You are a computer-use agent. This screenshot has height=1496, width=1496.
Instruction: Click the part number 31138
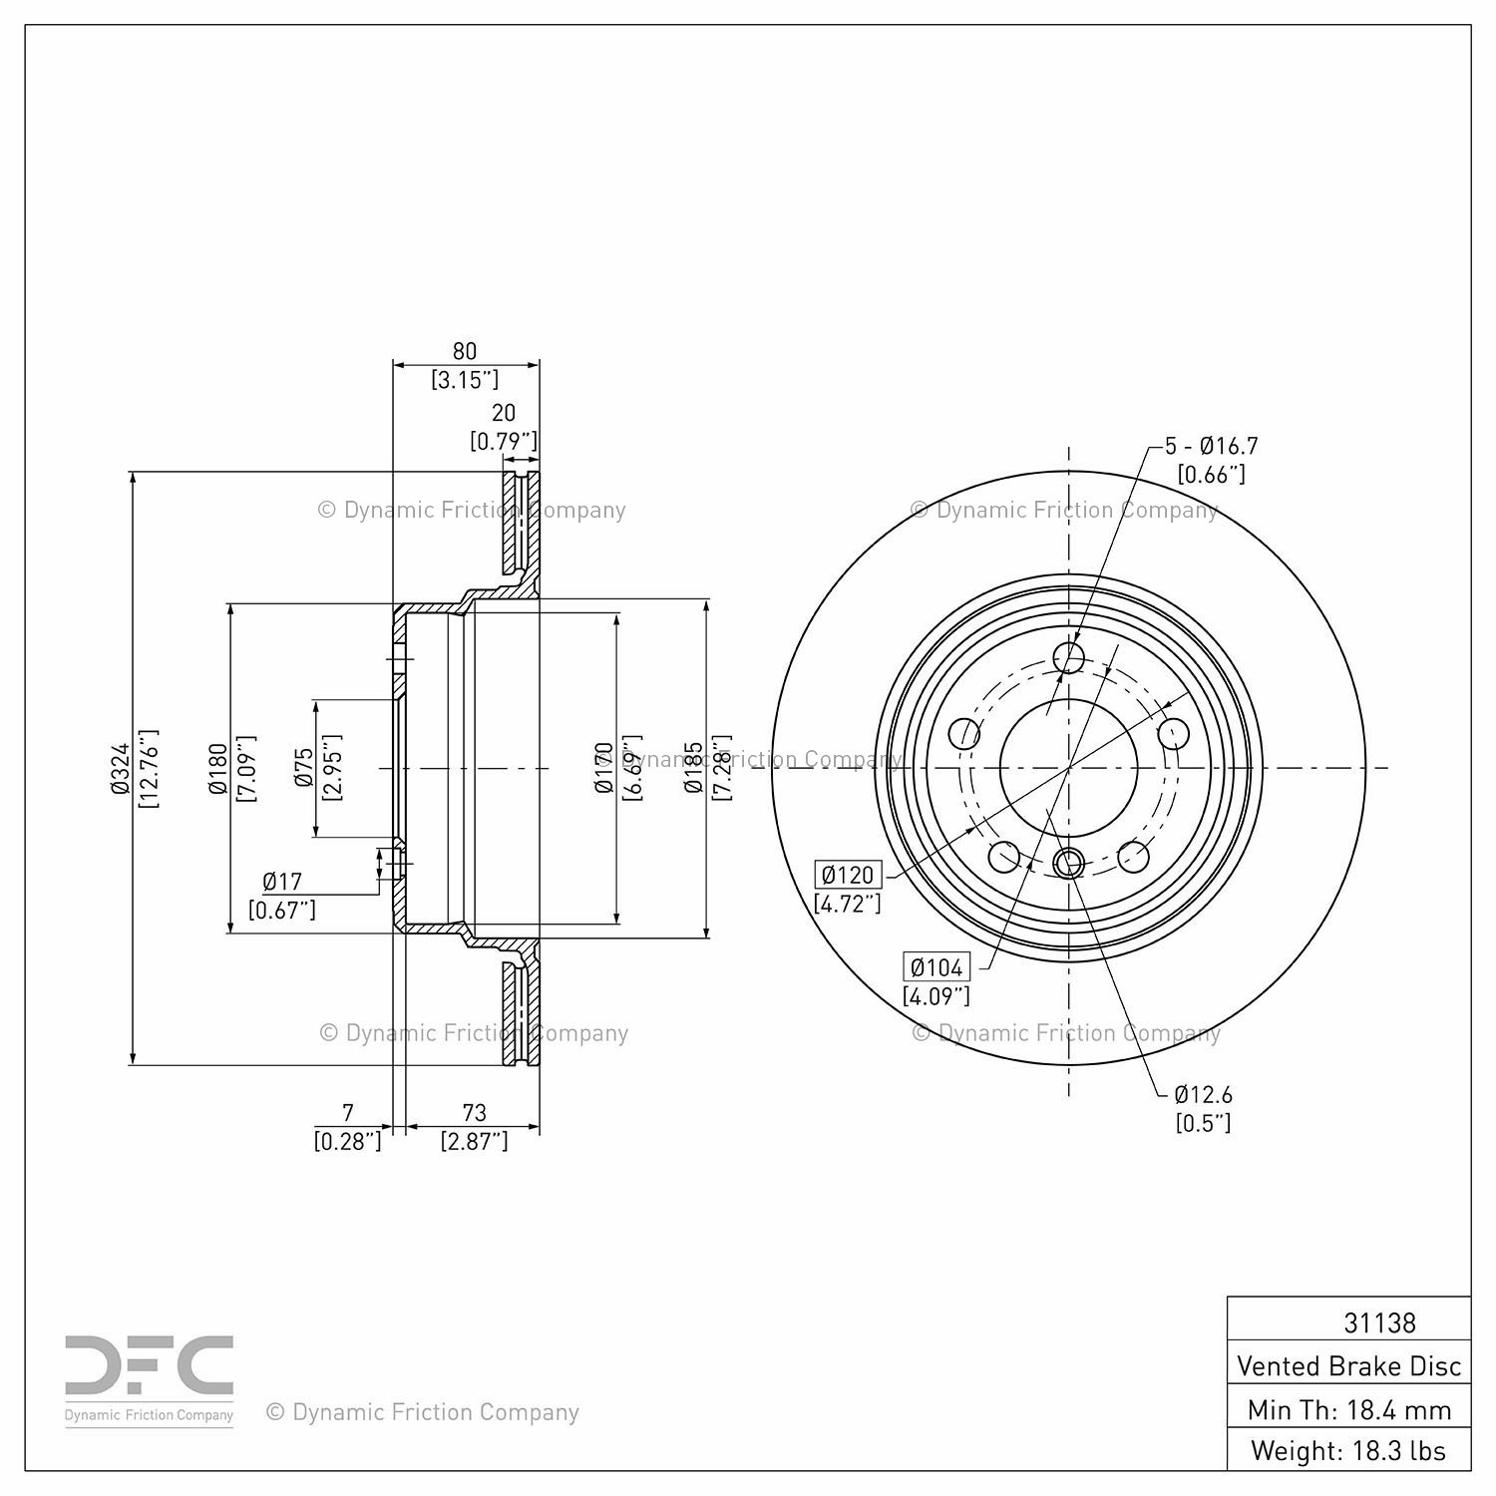click(x=1379, y=1322)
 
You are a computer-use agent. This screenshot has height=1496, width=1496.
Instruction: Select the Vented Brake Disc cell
click(x=1348, y=1365)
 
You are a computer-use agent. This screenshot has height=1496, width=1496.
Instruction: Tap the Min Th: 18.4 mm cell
click(x=1348, y=1409)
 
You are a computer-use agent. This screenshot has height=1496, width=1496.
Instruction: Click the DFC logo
click(x=150, y=1367)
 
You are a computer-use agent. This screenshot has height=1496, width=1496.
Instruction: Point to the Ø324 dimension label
click(x=121, y=768)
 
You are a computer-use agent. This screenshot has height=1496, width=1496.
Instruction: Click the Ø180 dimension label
click(x=218, y=769)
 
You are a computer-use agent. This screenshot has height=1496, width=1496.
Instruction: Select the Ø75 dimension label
click(x=303, y=768)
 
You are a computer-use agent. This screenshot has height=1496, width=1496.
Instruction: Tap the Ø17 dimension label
click(x=282, y=882)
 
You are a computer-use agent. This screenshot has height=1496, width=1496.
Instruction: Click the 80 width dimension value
click(x=465, y=351)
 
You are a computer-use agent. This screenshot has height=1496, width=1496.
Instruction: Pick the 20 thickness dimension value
click(x=504, y=413)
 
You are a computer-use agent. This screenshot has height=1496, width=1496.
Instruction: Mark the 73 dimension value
click(x=474, y=1112)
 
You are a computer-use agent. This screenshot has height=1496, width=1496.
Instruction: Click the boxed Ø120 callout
click(x=848, y=876)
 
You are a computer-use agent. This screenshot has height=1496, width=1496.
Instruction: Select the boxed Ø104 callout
click(x=936, y=966)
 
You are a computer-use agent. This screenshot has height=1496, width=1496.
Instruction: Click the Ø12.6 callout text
click(x=1203, y=1094)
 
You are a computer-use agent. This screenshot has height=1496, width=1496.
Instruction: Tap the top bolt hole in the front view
click(x=1069, y=657)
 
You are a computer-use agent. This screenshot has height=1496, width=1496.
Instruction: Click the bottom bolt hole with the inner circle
click(x=1068, y=862)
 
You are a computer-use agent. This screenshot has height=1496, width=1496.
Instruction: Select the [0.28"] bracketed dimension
click(x=347, y=1141)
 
